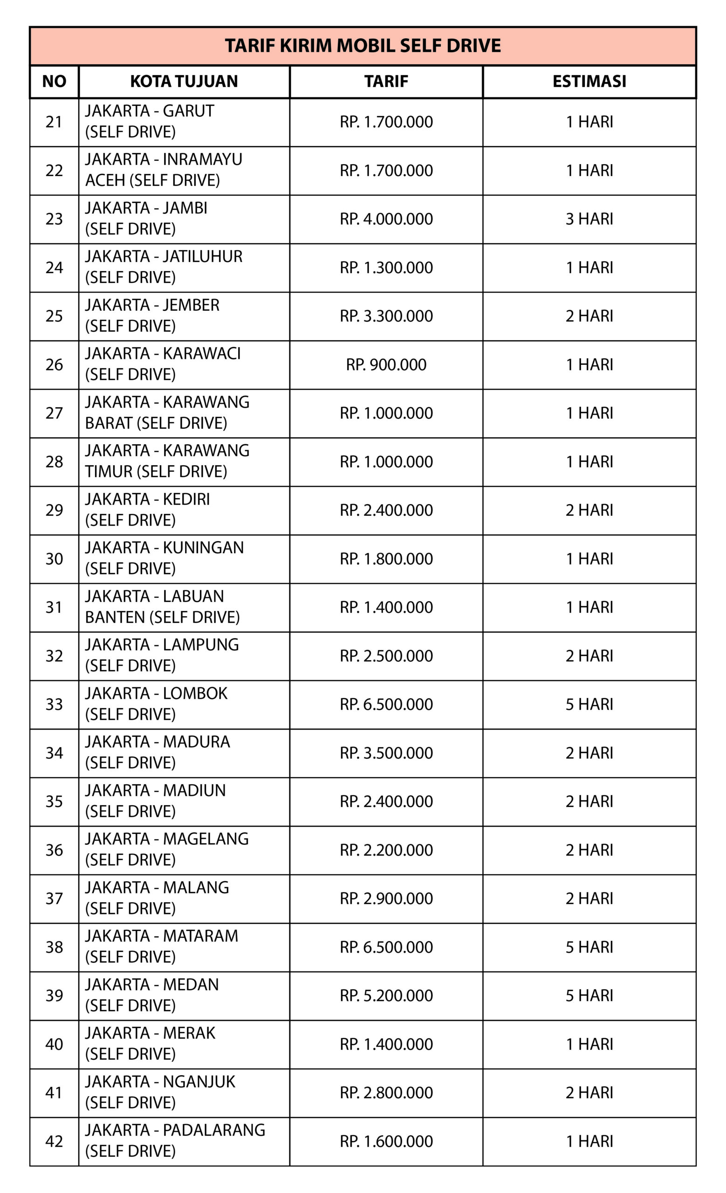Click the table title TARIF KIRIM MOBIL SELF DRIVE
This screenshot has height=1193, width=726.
point(363,46)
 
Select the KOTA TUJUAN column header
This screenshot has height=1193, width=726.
point(184,82)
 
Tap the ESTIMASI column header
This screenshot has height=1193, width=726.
point(589,82)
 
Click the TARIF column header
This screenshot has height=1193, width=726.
point(386,82)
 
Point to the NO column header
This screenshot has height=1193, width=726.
point(54,82)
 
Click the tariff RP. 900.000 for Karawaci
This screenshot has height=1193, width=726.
point(386,364)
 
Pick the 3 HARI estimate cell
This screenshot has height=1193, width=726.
point(589,219)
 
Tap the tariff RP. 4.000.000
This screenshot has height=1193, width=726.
point(386,219)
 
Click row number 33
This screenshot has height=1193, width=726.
point(54,705)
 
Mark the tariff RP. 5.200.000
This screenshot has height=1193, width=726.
point(386,995)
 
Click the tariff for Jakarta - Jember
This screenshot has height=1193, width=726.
point(386,316)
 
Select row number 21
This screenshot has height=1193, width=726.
point(54,122)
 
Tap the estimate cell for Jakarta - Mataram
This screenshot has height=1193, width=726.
point(589,947)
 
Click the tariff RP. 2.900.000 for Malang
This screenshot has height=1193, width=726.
point(386,898)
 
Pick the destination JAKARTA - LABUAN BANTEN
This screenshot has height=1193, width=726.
point(162,607)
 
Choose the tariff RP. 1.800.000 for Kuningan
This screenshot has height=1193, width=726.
point(386,559)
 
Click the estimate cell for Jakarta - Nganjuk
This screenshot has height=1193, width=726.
point(589,1093)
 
